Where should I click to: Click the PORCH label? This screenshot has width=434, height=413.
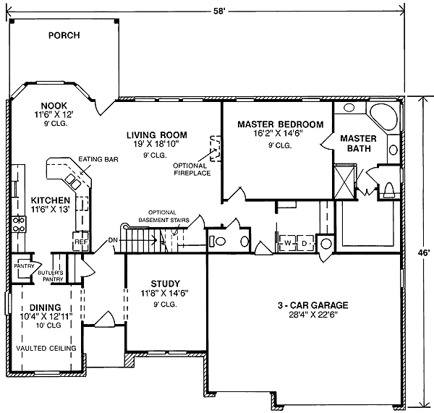64,35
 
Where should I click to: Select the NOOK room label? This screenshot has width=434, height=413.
54,105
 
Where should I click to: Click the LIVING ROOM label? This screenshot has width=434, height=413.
156,135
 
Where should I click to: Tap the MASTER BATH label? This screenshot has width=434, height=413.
358,143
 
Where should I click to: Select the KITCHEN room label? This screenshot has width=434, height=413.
50,200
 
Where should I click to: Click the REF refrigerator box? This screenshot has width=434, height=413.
80,242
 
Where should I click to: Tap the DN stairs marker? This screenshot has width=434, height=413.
113,239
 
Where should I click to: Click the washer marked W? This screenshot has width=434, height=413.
288,243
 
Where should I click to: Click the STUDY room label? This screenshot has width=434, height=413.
165,283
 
